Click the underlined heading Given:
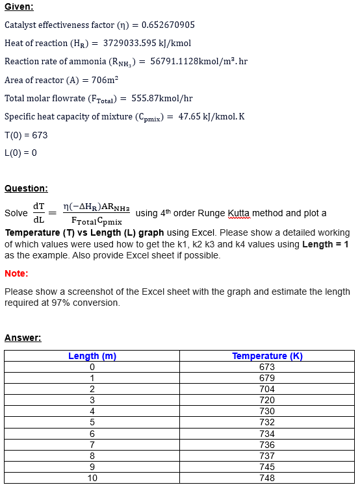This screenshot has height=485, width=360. [19, 7]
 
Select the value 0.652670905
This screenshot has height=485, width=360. [168, 25]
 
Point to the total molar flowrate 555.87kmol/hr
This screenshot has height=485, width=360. [162, 98]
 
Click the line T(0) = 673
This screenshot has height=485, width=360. [26, 135]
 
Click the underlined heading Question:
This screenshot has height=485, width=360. [26, 188]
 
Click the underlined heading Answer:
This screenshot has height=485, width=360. [23, 338]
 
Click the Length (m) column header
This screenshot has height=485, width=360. [92, 356]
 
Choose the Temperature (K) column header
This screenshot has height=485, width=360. [267, 356]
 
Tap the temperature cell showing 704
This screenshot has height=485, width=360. [267, 389]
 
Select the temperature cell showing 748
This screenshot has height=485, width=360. [267, 478]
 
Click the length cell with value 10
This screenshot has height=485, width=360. [92, 478]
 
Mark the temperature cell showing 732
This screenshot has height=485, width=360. [267, 422]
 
